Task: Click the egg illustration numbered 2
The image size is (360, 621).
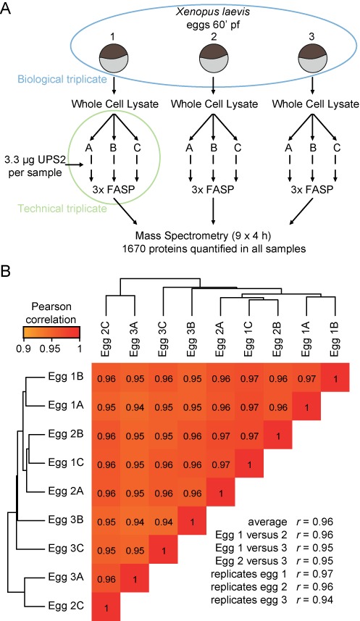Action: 214,57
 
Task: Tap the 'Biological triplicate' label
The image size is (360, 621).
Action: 62,79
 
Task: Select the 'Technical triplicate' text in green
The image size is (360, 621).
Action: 62,208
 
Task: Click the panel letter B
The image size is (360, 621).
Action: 6,272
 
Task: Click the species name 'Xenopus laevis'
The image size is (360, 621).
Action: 213,12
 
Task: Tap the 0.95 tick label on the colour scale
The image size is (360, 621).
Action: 52,349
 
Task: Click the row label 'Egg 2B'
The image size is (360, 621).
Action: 66,433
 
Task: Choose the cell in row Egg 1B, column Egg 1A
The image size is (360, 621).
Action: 306,379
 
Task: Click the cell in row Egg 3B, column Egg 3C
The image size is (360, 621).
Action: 164,522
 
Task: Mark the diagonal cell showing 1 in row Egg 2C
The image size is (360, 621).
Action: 106,607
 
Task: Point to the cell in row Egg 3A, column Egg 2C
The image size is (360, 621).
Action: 106,579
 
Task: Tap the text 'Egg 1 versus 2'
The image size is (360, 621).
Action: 251,535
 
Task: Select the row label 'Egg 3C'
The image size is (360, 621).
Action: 66,549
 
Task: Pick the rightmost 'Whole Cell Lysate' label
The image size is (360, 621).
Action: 316,104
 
